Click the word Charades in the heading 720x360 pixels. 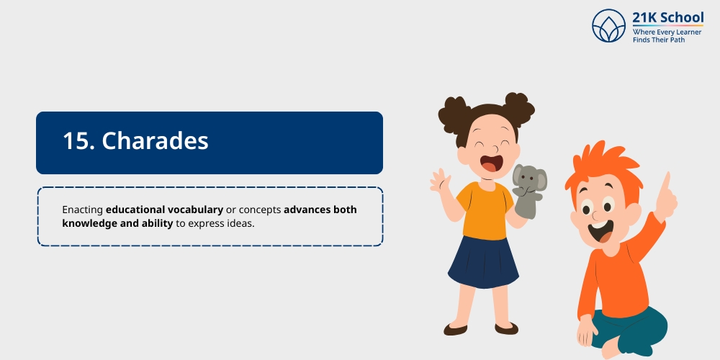(x=156, y=141)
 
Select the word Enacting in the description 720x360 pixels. (x=82, y=210)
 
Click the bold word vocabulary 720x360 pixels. (x=194, y=210)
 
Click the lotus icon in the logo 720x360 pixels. (x=609, y=26)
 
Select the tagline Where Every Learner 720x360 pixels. (x=667, y=32)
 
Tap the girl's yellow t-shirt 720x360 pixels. (x=483, y=210)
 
